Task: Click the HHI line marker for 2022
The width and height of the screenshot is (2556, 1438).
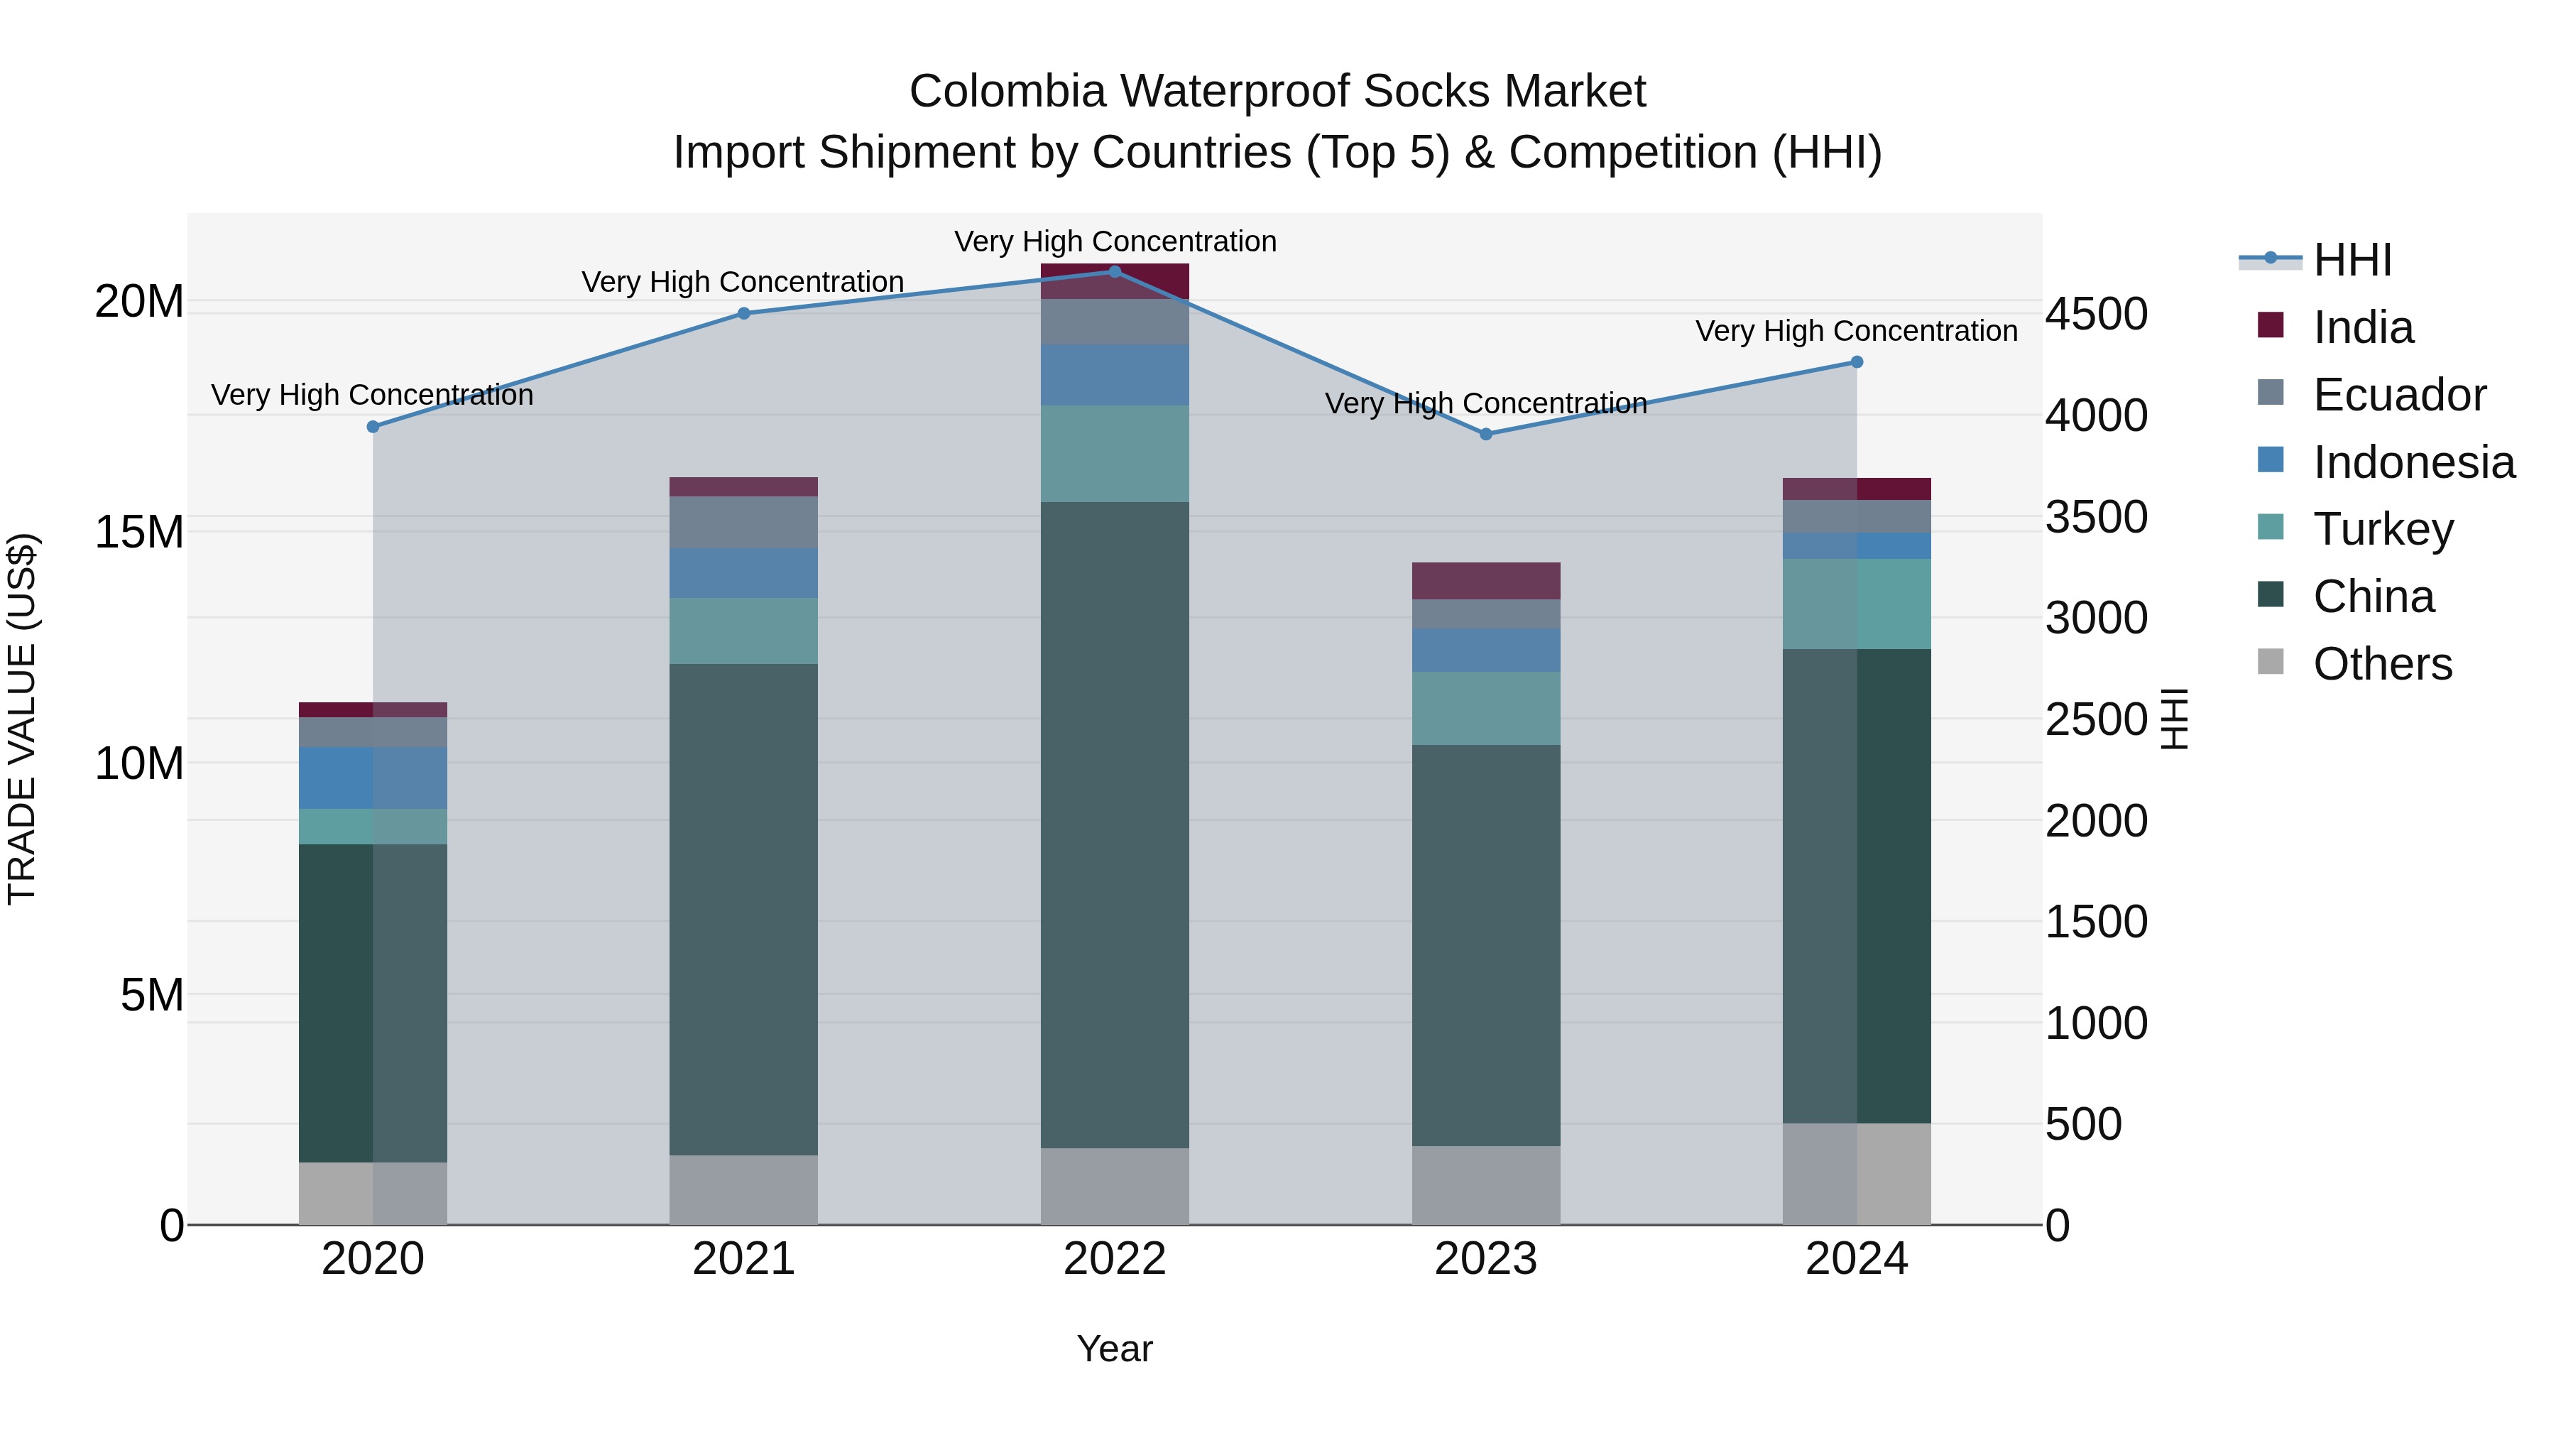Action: pos(1114,272)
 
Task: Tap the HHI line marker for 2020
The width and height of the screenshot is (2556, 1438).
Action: pos(373,427)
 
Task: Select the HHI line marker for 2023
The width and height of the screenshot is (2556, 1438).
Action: pos(1485,435)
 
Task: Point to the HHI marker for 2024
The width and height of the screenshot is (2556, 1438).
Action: pos(1857,362)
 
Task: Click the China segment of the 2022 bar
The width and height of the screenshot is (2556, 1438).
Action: pos(1114,824)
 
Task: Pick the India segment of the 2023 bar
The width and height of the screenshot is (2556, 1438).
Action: pos(1485,581)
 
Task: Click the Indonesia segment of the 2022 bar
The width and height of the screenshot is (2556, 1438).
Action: pos(1114,375)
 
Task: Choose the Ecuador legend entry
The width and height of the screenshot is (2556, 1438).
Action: pos(2399,395)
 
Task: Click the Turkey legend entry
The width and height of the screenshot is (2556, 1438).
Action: pos(2382,529)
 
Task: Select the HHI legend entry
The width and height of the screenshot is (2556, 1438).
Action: pos(2352,260)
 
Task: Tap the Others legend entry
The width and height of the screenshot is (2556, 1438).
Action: pos(2381,664)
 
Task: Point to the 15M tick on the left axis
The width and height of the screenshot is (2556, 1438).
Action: pos(139,532)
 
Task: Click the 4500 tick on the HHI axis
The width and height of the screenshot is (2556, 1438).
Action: pos(2097,314)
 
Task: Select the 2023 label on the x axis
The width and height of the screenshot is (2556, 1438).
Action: pos(1485,1259)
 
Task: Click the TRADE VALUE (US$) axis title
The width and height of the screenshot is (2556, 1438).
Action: pos(22,719)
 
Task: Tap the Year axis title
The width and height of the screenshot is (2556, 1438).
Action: pos(1114,1349)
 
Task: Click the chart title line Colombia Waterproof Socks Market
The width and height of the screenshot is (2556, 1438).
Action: pos(1277,92)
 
